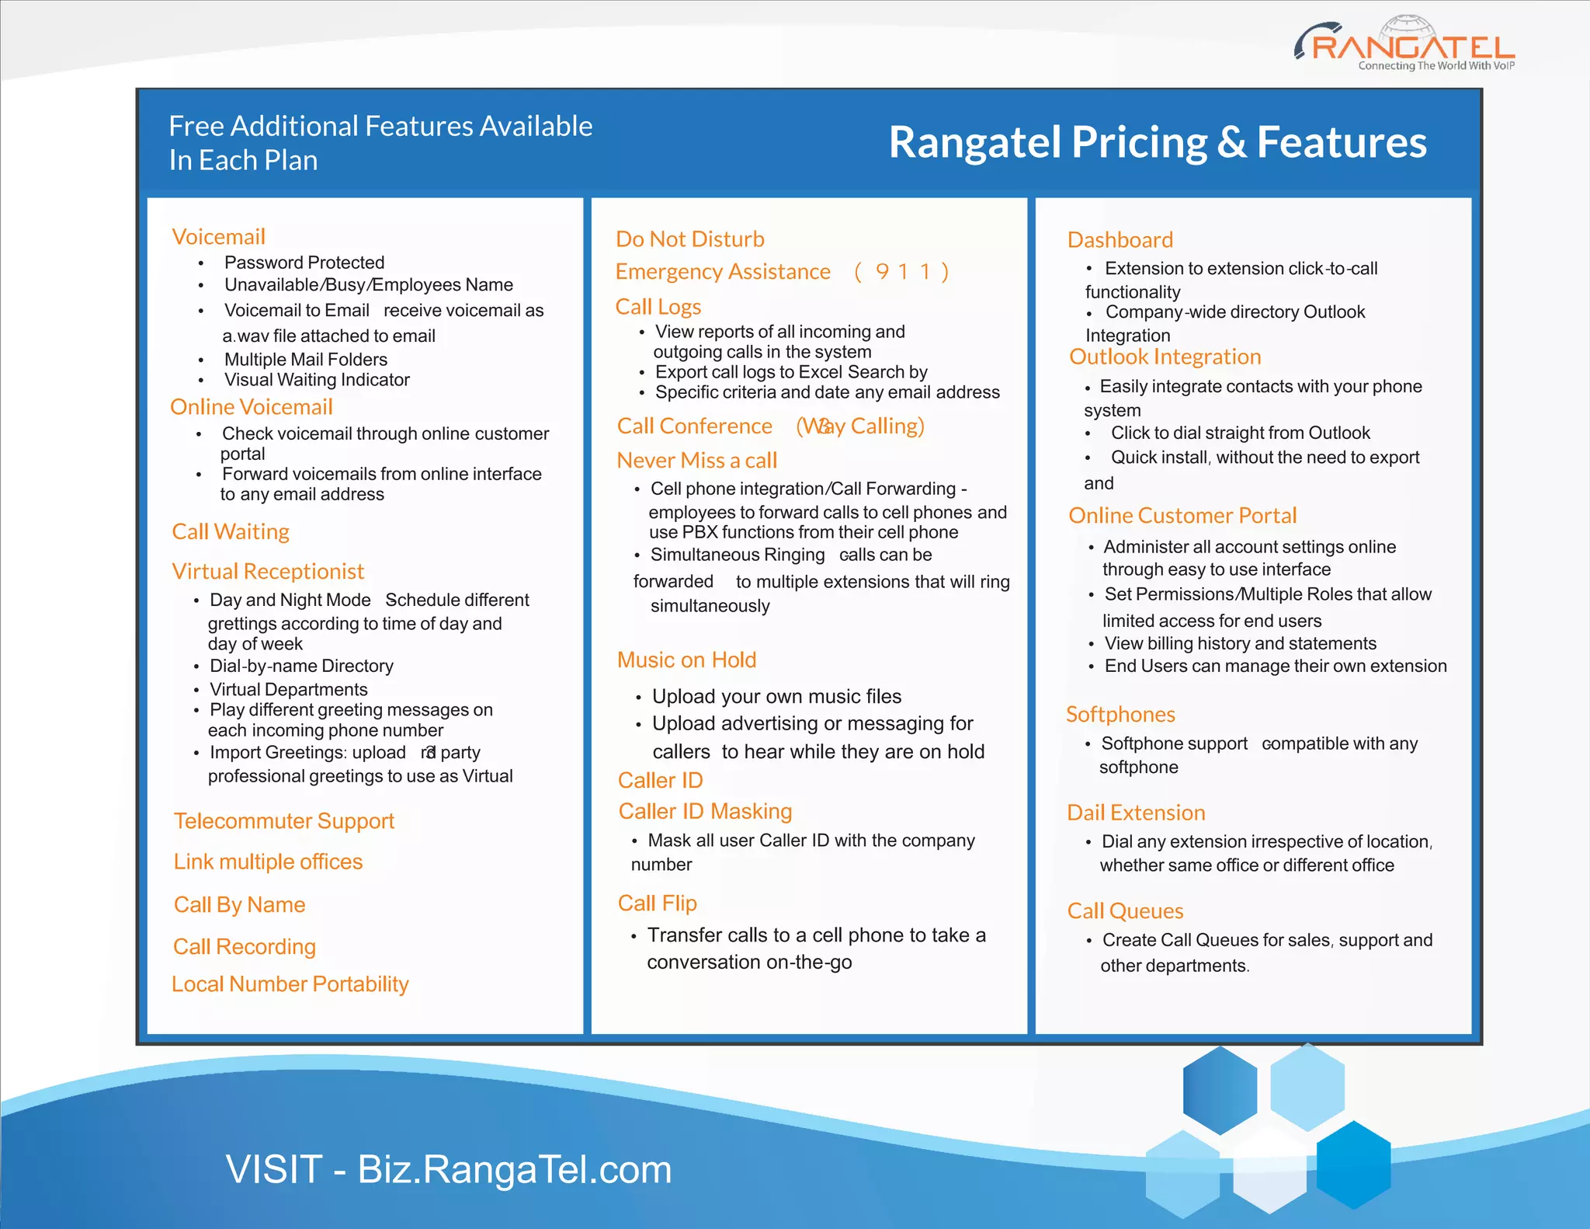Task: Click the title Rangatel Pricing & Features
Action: tap(1157, 142)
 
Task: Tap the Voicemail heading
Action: tap(218, 237)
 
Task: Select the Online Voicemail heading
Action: tap(251, 407)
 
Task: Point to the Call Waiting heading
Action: tap(230, 532)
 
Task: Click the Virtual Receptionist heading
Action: tap(267, 572)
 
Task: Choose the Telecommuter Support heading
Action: tap(283, 821)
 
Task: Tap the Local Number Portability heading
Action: tap(290, 984)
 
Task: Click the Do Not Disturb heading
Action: tap(689, 239)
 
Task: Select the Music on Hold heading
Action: tap(686, 660)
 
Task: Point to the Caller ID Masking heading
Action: tap(704, 812)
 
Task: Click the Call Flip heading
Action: tap(657, 903)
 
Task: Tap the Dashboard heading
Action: tap(1120, 240)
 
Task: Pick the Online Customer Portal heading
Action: tap(1182, 516)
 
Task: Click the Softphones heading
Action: tap(1120, 715)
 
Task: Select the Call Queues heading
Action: tap(1125, 911)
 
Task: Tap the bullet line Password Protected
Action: tap(304, 263)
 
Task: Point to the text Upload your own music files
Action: tap(776, 697)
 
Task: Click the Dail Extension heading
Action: tap(1135, 813)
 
